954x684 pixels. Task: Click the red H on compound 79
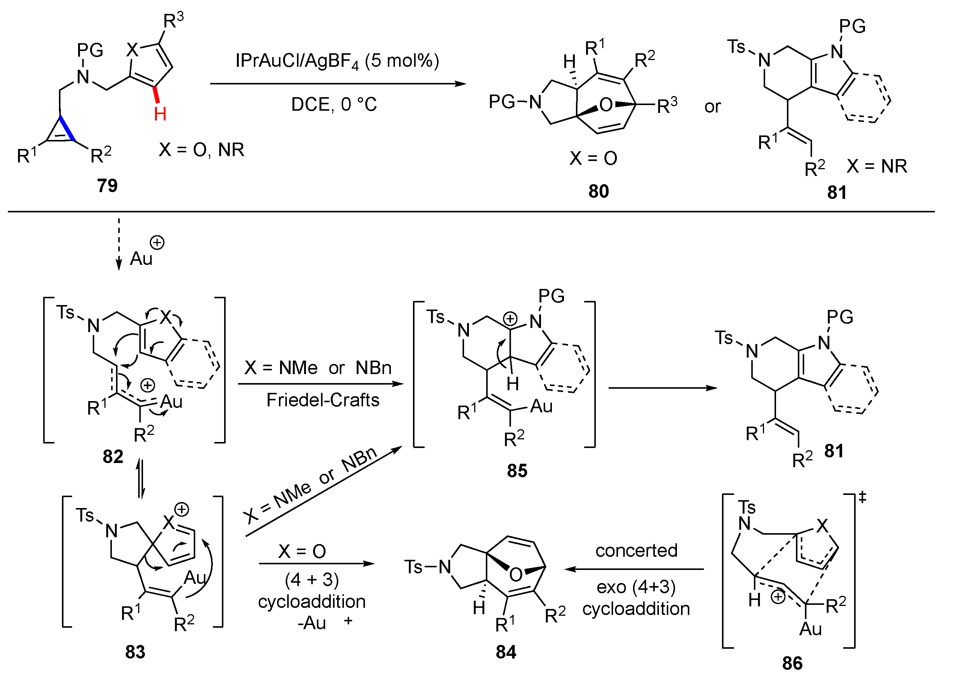(160, 114)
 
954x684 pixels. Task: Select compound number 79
(107, 185)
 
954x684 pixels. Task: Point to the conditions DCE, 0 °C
(334, 104)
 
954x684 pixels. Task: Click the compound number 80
(598, 191)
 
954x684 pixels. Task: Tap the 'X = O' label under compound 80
(593, 158)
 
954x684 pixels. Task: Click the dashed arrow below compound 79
(119, 244)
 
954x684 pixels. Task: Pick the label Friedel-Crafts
(323, 400)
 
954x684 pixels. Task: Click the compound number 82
(113, 457)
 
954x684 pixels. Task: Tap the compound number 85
(517, 471)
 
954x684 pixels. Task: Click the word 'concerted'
(636, 550)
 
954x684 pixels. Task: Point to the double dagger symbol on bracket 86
(862, 498)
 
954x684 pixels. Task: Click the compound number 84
(506, 652)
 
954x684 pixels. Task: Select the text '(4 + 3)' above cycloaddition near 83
(312, 580)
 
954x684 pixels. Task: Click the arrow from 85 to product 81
(663, 388)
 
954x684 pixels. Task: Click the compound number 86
(792, 663)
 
